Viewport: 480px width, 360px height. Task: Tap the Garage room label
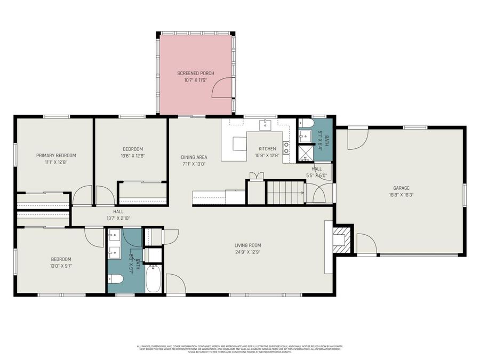click(x=401, y=188)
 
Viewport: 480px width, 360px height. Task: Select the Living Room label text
click(x=247, y=245)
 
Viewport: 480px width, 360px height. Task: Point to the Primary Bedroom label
click(x=56, y=155)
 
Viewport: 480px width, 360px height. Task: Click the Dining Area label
click(x=194, y=157)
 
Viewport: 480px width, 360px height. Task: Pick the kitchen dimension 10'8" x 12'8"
click(x=267, y=156)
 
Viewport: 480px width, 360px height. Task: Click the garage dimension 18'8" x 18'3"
click(x=401, y=195)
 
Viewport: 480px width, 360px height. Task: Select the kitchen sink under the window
click(x=265, y=125)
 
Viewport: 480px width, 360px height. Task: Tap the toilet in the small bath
click(x=305, y=123)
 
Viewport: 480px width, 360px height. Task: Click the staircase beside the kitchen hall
click(x=285, y=192)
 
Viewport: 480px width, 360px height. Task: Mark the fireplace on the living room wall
click(x=341, y=239)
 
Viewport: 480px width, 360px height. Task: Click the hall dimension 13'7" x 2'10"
click(x=118, y=218)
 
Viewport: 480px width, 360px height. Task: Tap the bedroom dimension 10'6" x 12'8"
click(x=133, y=156)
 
